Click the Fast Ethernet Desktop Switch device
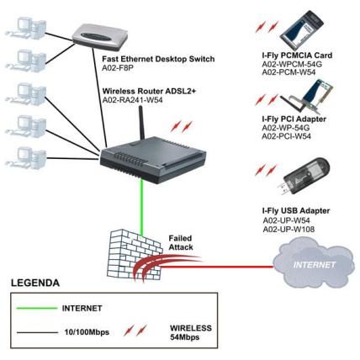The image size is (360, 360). pos(100,35)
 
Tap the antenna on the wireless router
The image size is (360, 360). pos(141,123)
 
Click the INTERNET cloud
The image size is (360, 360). pos(314,264)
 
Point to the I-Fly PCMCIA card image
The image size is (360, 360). pos(302,27)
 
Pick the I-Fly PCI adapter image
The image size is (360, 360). pos(306,96)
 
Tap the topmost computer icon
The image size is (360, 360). pos(26,28)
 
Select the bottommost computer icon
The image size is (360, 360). pos(26,157)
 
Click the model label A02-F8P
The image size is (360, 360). pos(118,67)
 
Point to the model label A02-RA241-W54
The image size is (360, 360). pos(132,100)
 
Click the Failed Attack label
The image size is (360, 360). pos(181,243)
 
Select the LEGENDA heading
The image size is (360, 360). pos(35,283)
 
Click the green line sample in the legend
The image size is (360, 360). pos(37,309)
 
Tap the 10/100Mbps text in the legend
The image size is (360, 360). pos(87,332)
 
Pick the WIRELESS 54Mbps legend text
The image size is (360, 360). pos(191,332)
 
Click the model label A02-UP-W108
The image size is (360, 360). pos(289,230)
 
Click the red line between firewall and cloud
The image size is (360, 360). pos(217,267)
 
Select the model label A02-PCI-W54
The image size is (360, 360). pos(286,136)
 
